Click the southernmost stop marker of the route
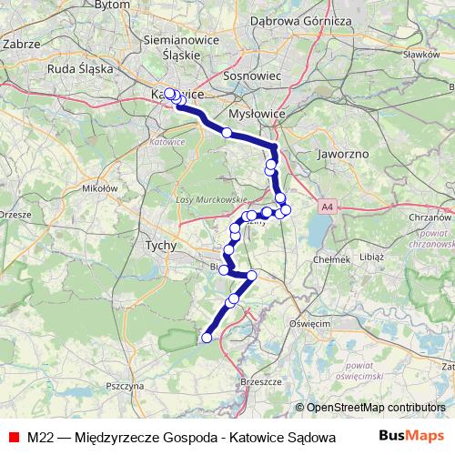tap(207, 338)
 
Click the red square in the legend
tap(13, 437)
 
